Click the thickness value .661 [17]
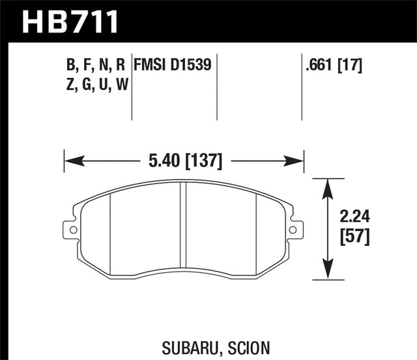pyautogui.click(x=333, y=64)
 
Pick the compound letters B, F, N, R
pyautogui.click(x=96, y=64)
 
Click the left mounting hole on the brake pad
pyautogui.click(x=68, y=229)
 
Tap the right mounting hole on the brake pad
pyautogui.click(x=293, y=229)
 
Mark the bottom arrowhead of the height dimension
pyautogui.click(x=326, y=275)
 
